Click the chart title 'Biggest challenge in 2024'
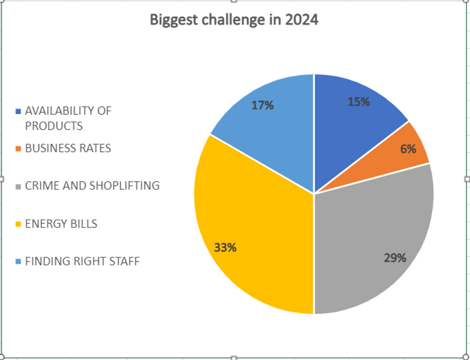pos(234,20)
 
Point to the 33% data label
pos(225,248)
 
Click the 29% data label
pos(395,258)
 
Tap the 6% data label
pos(408,149)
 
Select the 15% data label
pos(359,102)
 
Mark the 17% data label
pos(263,106)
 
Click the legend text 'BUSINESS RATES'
pos(68,148)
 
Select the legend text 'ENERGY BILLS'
pos(61,224)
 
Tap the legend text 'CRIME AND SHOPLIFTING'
pos(92,186)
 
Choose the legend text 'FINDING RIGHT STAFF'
pos(82,262)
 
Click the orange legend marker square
pos(18,149)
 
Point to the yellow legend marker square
pos(18,224)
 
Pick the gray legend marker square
pos(18,186)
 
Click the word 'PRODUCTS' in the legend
pos(54,126)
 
